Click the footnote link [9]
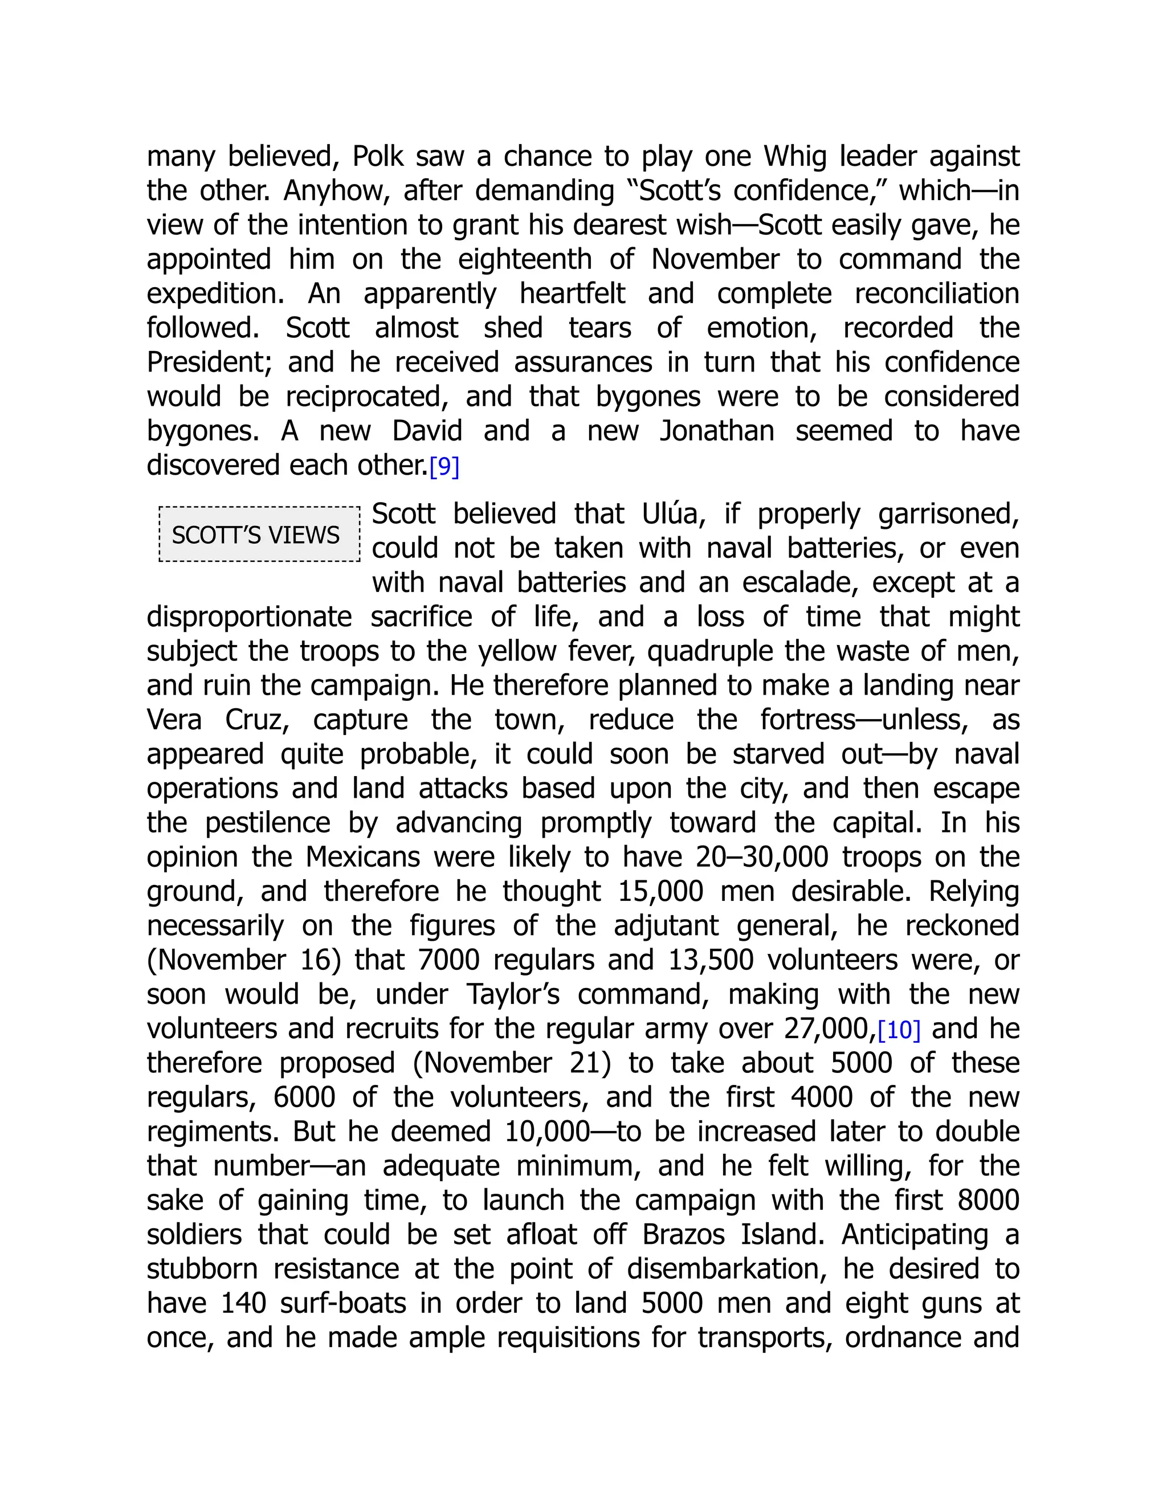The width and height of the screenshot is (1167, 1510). (444, 467)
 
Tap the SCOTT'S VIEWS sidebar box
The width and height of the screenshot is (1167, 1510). (259, 534)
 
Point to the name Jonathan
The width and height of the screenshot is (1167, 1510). (716, 431)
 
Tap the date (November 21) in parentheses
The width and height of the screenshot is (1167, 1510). (512, 1063)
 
